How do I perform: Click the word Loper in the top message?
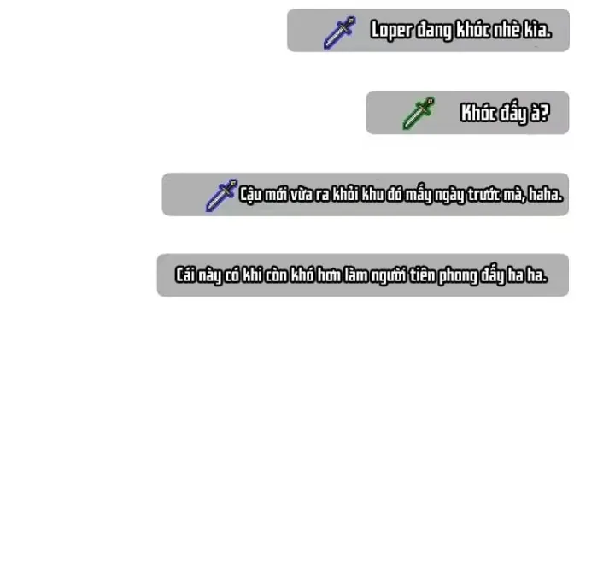tap(391, 31)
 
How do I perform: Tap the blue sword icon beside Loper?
tap(340, 32)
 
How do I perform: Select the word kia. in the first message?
tap(537, 30)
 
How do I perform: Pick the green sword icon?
tap(419, 113)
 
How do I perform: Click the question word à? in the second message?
tap(540, 113)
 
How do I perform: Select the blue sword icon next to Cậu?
tap(222, 195)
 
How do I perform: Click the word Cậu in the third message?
tap(250, 195)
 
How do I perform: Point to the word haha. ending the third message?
tap(546, 194)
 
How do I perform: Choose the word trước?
tap(483, 194)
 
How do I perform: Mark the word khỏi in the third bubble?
tap(345, 194)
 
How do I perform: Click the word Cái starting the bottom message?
tap(184, 274)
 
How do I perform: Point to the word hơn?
tap(329, 274)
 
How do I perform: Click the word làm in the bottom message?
tap(355, 274)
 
